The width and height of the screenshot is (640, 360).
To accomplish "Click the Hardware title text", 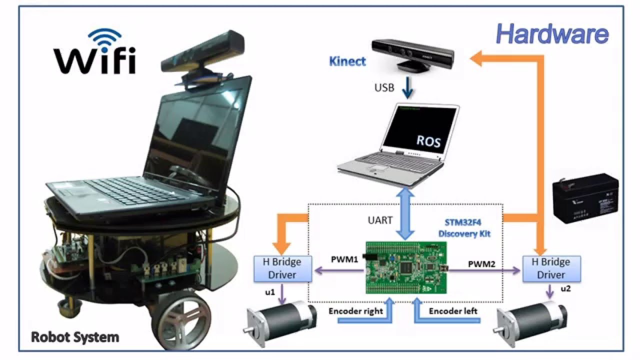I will tap(552, 34).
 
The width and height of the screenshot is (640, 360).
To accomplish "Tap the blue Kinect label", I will tap(347, 61).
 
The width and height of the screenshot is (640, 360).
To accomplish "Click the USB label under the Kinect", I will tap(384, 88).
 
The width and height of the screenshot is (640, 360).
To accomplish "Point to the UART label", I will tap(380, 220).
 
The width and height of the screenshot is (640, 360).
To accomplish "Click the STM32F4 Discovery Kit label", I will tap(464, 229).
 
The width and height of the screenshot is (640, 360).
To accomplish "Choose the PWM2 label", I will tap(482, 263).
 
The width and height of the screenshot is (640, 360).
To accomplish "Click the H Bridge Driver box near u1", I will tap(282, 268).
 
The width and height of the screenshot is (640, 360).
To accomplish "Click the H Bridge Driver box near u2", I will tap(551, 268).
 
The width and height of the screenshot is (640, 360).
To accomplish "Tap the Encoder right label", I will tap(355, 310).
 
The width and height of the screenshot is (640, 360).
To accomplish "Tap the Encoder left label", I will tap(453, 310).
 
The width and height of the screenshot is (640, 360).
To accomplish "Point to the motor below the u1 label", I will tap(282, 322).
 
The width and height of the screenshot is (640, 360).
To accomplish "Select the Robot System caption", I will tap(75, 337).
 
